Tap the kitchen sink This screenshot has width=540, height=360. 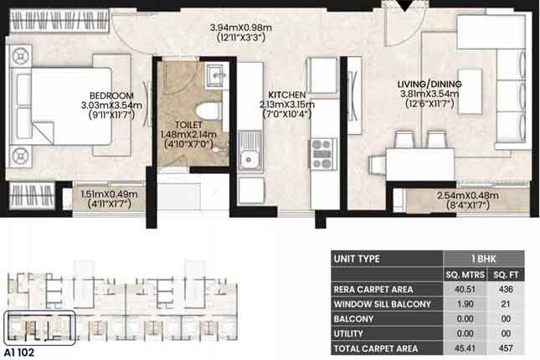coord(249,156)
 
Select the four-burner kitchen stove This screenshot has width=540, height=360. coord(321,153)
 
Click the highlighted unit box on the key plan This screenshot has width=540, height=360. coord(39,327)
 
